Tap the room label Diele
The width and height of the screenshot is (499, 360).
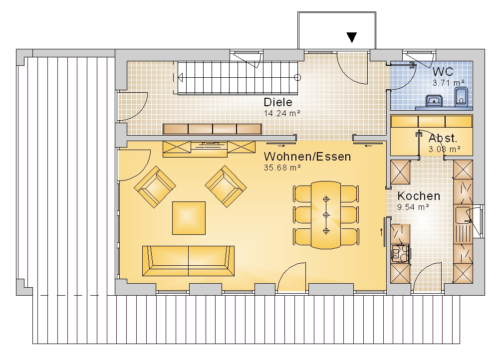(x=278, y=102)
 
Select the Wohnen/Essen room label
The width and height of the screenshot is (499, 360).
(x=307, y=157)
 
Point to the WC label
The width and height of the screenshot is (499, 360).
(x=443, y=72)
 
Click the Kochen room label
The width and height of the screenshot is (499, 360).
(x=419, y=196)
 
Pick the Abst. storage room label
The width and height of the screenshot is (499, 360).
(x=443, y=138)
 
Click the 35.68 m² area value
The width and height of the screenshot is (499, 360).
(x=282, y=168)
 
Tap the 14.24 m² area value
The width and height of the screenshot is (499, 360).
(x=282, y=113)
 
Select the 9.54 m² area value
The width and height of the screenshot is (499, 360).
(x=413, y=207)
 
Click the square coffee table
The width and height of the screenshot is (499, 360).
(x=189, y=218)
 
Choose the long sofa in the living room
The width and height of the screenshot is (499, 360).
(x=188, y=261)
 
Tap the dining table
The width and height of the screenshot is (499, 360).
(x=326, y=215)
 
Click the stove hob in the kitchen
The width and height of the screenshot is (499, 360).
(x=400, y=254)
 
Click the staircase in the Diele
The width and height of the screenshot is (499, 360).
(x=238, y=78)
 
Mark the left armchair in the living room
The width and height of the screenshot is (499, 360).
(x=155, y=186)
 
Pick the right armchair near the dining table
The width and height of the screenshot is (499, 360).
(x=226, y=186)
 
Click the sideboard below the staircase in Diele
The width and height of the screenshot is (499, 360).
(x=212, y=129)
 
